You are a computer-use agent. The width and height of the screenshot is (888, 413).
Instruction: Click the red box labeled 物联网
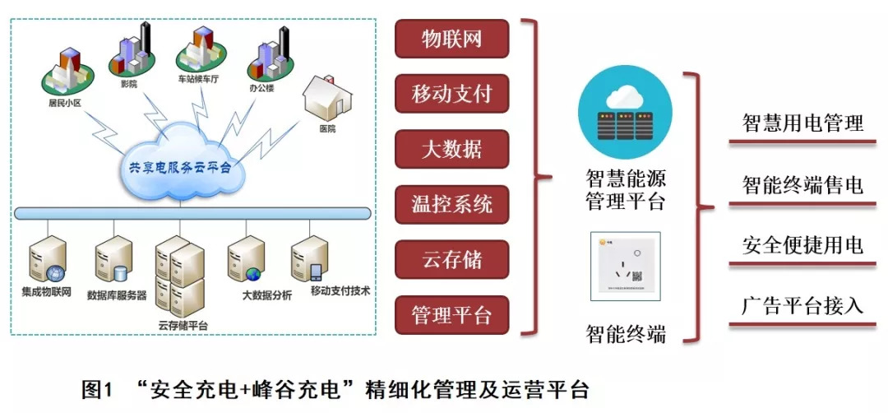pyautogui.click(x=451, y=39)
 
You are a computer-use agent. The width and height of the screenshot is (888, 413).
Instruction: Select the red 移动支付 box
pyautogui.click(x=451, y=94)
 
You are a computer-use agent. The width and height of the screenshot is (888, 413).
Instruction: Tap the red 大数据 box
pyautogui.click(x=451, y=149)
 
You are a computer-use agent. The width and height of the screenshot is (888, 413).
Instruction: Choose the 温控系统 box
pyautogui.click(x=451, y=204)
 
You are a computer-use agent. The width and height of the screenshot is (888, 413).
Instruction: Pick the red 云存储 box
pyautogui.click(x=451, y=260)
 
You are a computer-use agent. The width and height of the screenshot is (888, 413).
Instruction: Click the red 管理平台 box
pyautogui.click(x=451, y=315)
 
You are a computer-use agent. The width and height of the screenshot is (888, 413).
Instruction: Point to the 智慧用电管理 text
pyautogui.click(x=802, y=123)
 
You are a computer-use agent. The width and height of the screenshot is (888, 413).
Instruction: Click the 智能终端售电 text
pyautogui.click(x=802, y=184)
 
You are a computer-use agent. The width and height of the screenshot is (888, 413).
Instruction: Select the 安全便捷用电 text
pyautogui.click(x=802, y=245)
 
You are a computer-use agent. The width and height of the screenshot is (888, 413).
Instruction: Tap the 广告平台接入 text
pyautogui.click(x=802, y=306)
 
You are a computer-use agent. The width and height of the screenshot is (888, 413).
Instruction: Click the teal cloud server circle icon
pyautogui.click(x=625, y=115)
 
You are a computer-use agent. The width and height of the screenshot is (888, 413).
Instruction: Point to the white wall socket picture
pyautogui.click(x=625, y=265)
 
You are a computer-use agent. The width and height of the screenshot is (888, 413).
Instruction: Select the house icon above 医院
pyautogui.click(x=326, y=100)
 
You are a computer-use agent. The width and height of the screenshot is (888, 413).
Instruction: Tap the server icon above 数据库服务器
pyautogui.click(x=113, y=261)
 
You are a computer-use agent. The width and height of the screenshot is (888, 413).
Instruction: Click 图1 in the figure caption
pyautogui.click(x=96, y=388)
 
